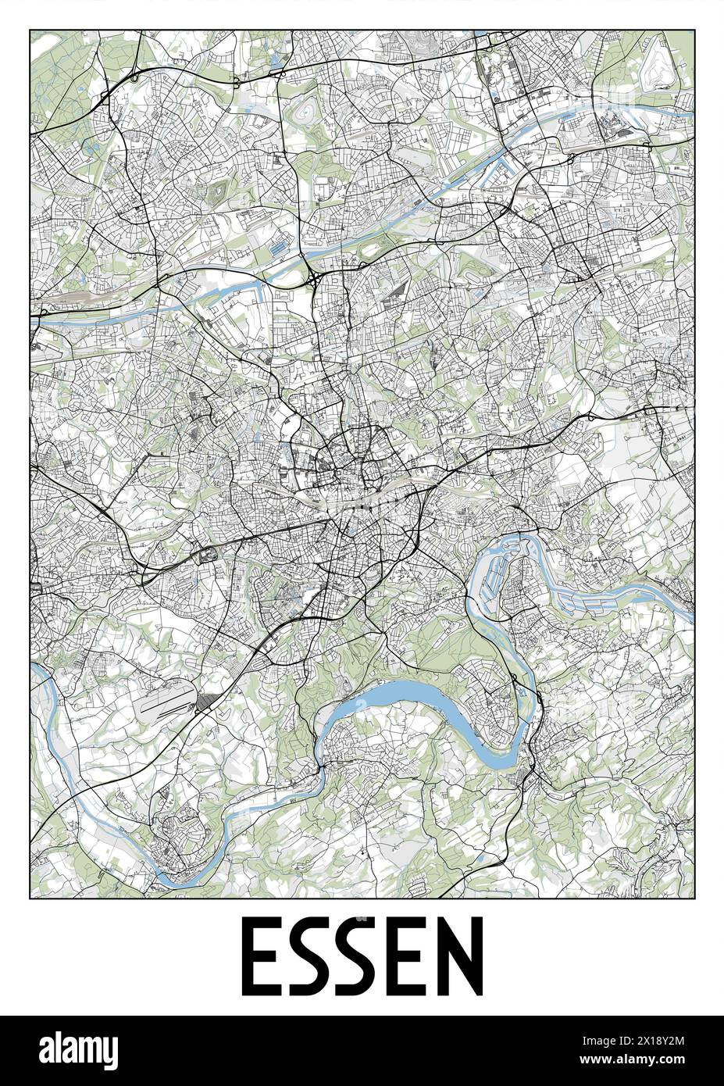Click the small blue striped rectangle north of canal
click(x=278, y=248)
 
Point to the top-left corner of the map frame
click(x=30, y=30)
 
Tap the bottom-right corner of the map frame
click(x=694, y=898)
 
